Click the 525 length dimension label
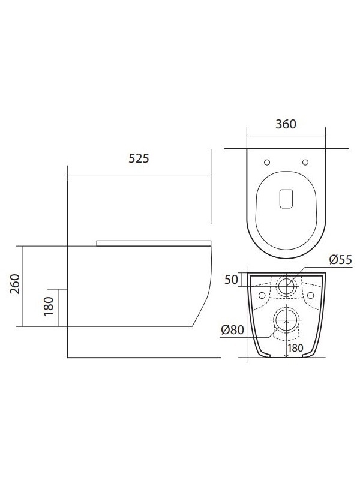coord(138,159)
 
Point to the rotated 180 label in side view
coord(49,307)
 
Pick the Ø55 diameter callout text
coord(340,260)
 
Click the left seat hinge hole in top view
coord(266,162)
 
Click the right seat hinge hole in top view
coord(305,162)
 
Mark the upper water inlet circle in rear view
coord(287,286)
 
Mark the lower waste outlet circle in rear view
coord(287,322)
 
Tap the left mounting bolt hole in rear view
coord(261,296)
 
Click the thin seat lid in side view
coord(153,243)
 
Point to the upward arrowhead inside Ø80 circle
coord(287,322)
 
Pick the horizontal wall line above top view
coord(286,148)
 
